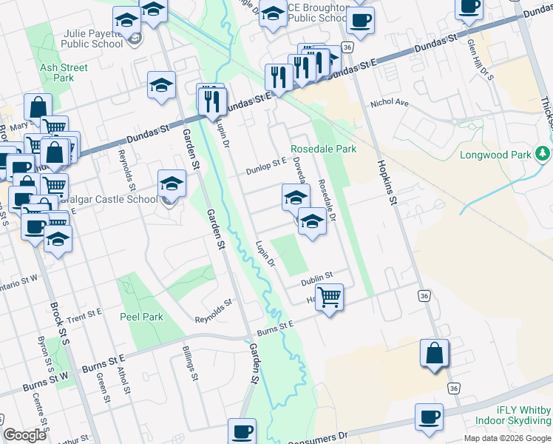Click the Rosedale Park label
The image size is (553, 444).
pos(324,149)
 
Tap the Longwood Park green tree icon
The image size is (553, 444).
pos(544,153)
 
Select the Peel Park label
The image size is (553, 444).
pos(141,317)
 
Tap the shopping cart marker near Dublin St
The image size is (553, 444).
pos(330,297)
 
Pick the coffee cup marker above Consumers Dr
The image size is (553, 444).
pos(242,431)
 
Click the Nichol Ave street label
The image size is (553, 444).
pos(390,104)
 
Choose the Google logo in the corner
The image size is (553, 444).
pos(24,435)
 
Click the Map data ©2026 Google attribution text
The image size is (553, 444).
pos(507,438)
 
